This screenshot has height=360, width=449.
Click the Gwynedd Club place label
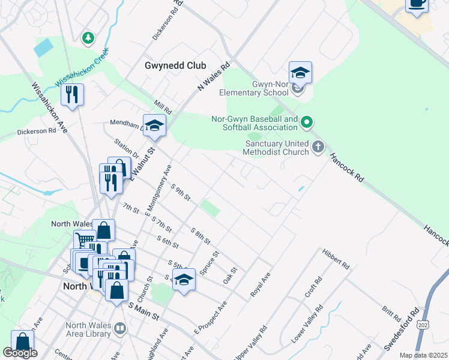(x=175, y=65)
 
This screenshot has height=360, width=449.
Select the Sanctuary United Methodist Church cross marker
(x=318, y=146)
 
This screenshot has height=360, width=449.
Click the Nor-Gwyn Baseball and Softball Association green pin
(x=307, y=123)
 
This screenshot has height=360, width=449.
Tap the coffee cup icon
(x=417, y=4)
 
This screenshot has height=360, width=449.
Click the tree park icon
(x=88, y=38)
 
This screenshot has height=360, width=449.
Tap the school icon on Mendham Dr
(x=154, y=125)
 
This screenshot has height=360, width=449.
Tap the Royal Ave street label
(x=261, y=284)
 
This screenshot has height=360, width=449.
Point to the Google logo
(x=20, y=353)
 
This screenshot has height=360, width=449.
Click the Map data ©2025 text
(x=423, y=355)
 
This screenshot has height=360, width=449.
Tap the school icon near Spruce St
(x=184, y=280)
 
